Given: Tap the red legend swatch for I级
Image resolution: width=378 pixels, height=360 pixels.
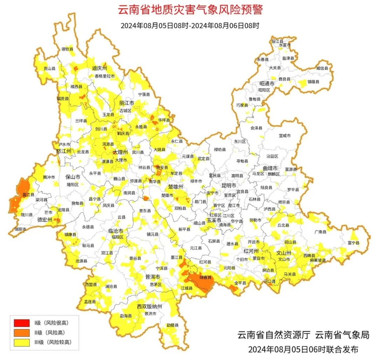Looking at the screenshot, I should pyautogui.click(x=22, y=323).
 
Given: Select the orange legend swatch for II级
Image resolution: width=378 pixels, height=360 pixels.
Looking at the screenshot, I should pyautogui.click(x=22, y=332).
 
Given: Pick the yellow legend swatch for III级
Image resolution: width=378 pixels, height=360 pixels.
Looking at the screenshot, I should pyautogui.click(x=22, y=342).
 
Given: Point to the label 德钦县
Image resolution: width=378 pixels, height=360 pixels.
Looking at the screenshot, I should pyautogui.click(x=68, y=49).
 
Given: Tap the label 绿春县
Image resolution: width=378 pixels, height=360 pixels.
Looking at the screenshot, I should pyautogui.click(x=205, y=277).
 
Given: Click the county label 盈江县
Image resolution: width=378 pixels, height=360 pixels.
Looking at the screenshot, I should pyautogui.click(x=28, y=194).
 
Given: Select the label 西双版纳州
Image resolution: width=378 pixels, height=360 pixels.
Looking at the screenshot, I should pyautogui.click(x=149, y=307).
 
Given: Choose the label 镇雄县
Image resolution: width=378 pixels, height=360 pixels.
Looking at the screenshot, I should pyautogui.click(x=314, y=82).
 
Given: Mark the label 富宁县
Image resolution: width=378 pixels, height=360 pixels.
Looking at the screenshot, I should pyautogui.click(x=353, y=243).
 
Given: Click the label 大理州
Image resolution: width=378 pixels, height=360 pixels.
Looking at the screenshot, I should pyautogui.click(x=120, y=153).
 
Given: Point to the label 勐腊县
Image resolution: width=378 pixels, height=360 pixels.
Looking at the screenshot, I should pyautogui.click(x=173, y=325).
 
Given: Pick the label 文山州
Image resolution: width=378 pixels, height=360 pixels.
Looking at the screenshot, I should pyautogui.click(x=284, y=252).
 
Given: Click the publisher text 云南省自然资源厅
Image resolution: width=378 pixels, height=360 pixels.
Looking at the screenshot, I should pyautogui.click(x=274, y=335).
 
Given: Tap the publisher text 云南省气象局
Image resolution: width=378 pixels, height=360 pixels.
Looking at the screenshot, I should pyautogui.click(x=342, y=335).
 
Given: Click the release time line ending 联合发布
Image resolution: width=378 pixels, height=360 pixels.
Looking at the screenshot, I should pyautogui.click(x=303, y=349).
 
